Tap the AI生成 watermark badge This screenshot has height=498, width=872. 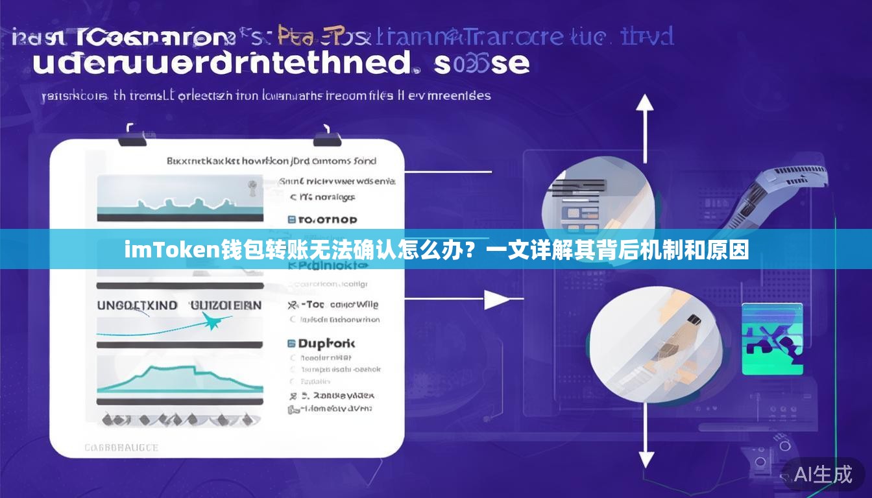point(823,474)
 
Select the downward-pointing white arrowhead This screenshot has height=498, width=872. point(646,459)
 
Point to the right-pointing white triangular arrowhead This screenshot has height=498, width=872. point(497,299)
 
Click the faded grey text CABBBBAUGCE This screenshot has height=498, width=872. point(121,447)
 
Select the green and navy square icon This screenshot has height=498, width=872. point(772,338)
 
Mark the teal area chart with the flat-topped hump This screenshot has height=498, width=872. point(180,379)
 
